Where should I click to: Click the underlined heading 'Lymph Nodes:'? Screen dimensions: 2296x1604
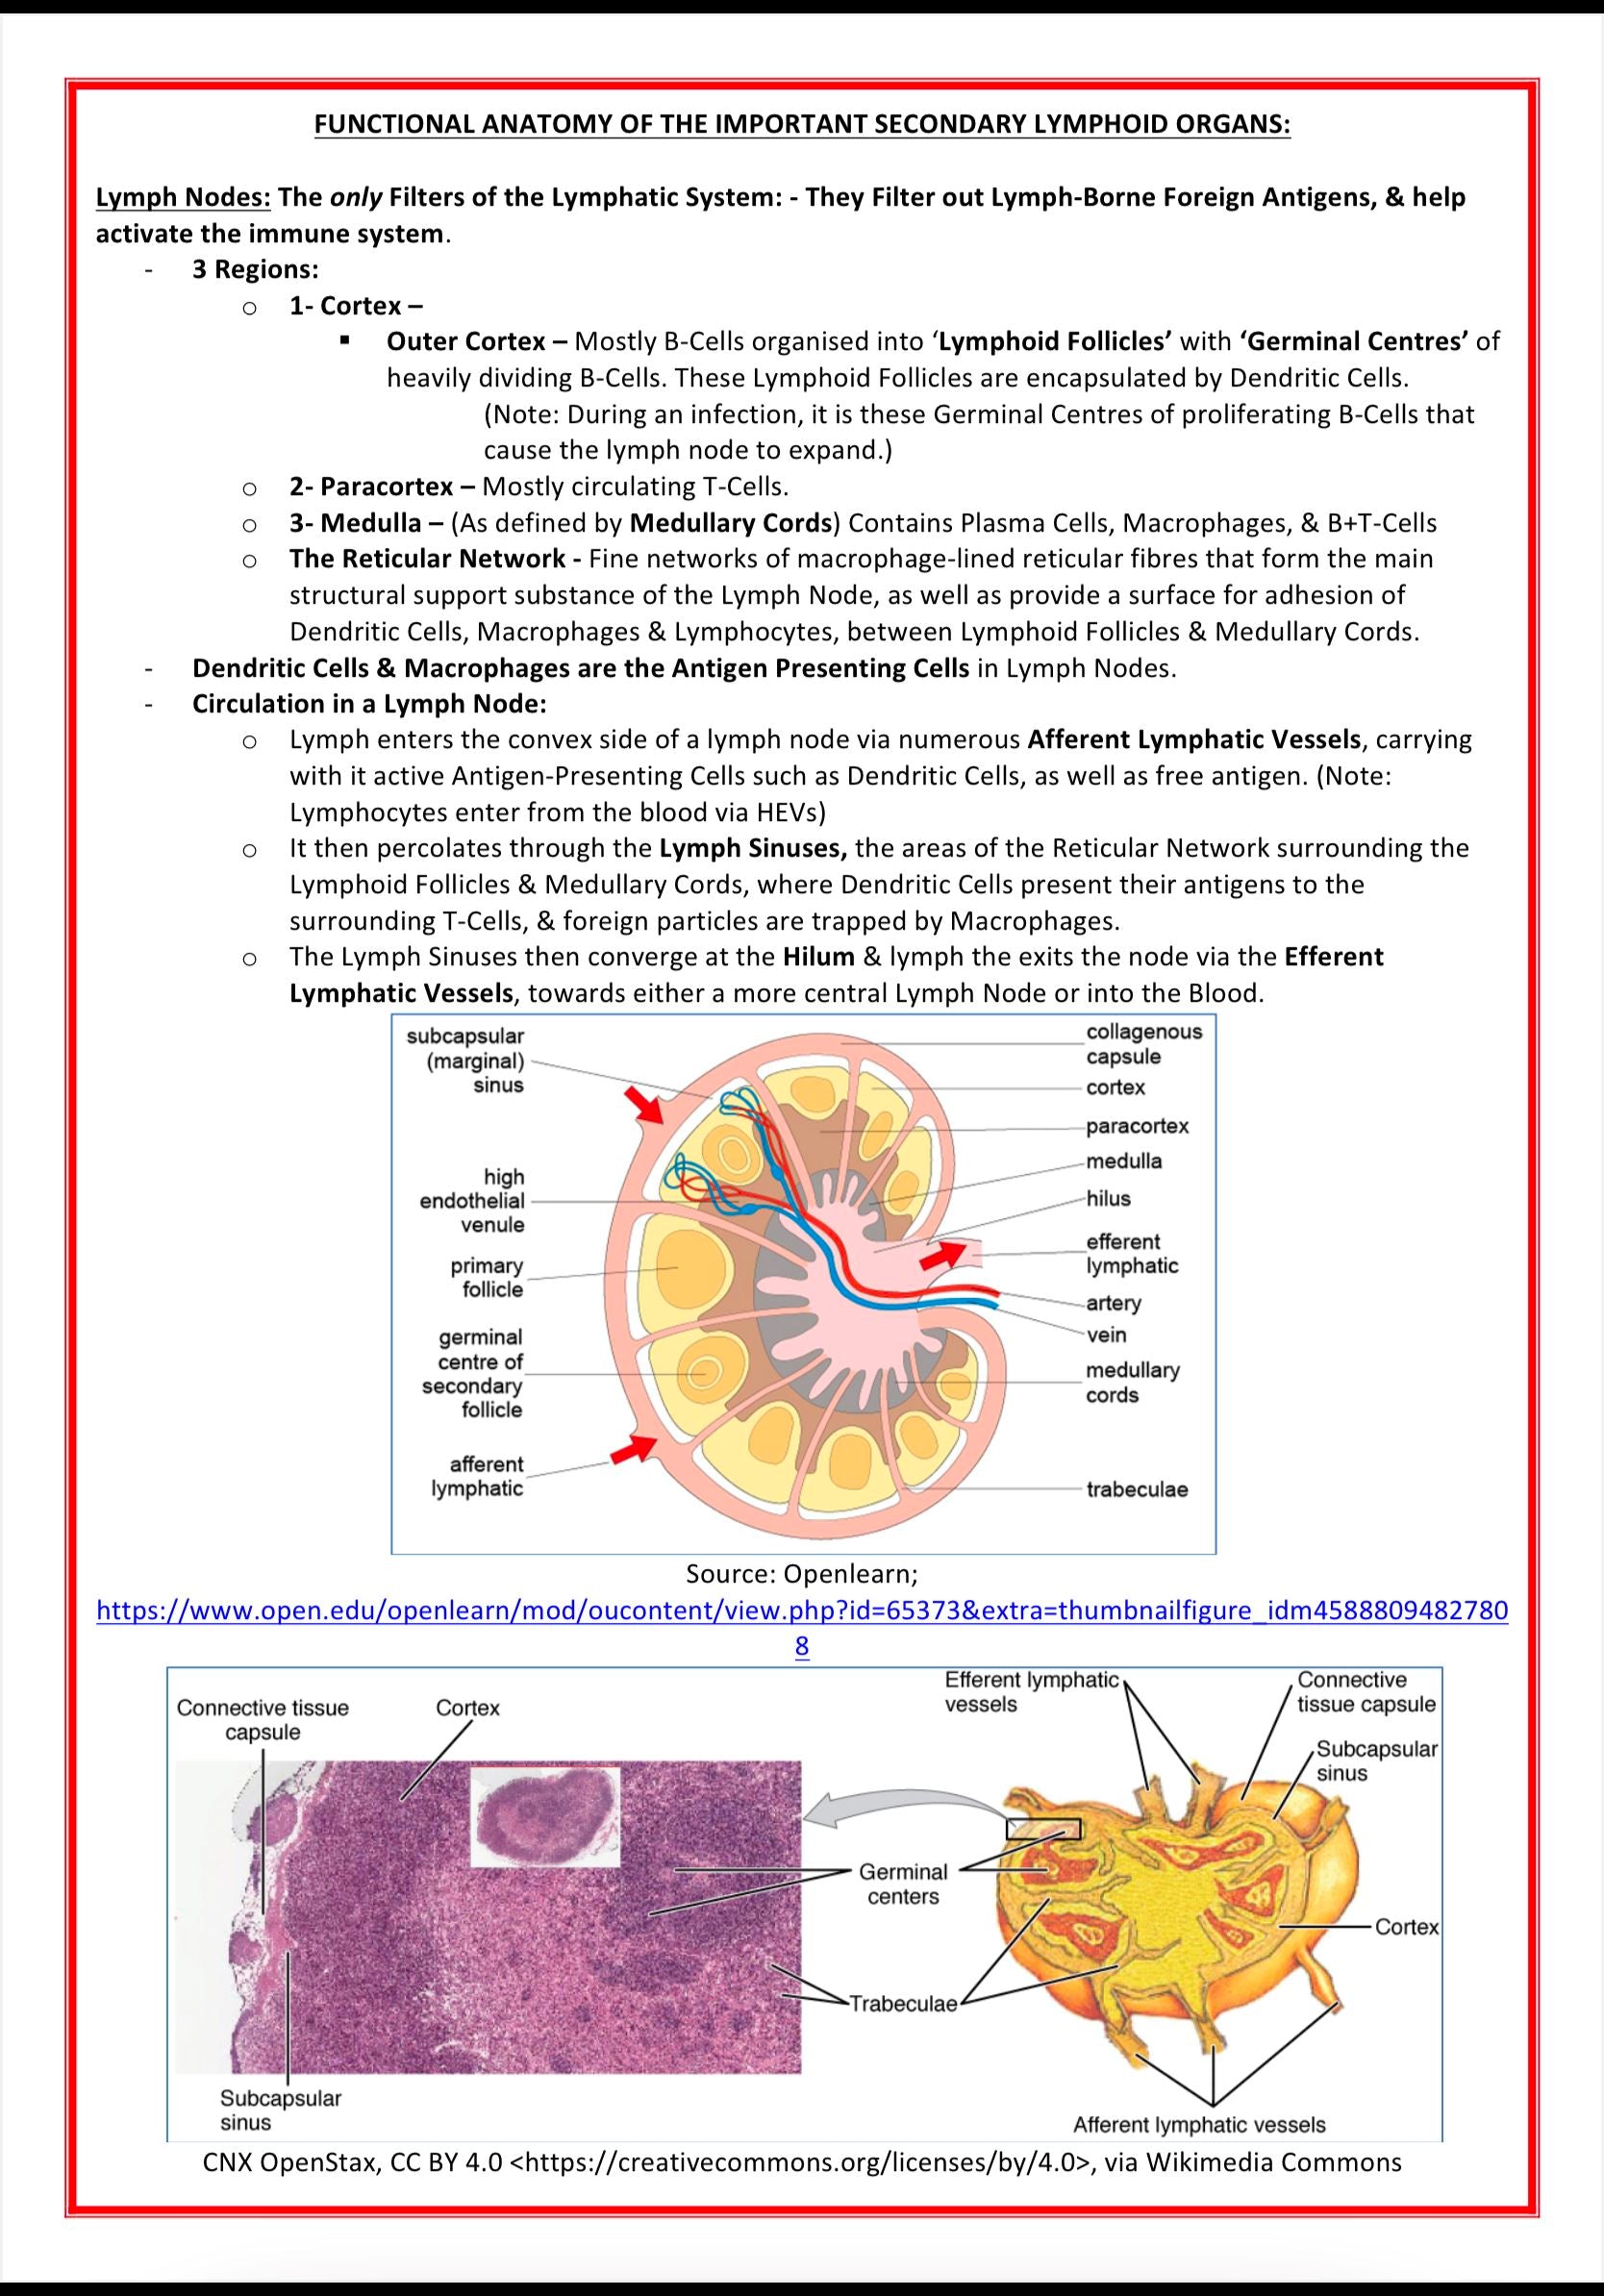coord(183,198)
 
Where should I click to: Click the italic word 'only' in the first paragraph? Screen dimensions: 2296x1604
coord(355,198)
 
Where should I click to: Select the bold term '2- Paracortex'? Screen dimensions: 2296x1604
coord(371,487)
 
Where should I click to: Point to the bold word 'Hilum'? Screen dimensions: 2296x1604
coord(818,957)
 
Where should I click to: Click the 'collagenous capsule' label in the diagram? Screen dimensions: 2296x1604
coord(1144,1044)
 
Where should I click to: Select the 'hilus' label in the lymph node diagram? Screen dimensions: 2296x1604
coord(1108,1198)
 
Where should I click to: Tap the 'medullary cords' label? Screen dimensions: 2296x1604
coord(1132,1382)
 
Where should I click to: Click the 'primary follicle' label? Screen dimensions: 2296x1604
coord(487,1277)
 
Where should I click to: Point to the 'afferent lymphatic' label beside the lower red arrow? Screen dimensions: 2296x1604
coord(478,1476)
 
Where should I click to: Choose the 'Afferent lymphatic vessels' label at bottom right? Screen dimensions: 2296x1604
coord(1199,2124)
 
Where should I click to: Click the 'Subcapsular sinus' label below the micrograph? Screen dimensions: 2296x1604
coord(280,2110)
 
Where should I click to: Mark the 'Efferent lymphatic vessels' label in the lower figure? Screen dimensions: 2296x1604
coord(1031,1692)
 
